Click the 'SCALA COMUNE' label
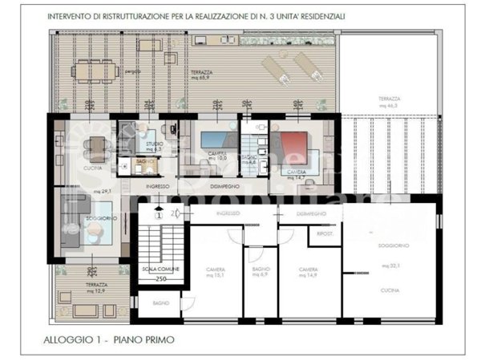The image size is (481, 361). pos(160,269)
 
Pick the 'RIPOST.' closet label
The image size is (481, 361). pos(325,234)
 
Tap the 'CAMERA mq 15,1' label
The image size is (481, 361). pos(215,273)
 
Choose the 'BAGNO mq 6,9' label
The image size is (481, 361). pos(259,273)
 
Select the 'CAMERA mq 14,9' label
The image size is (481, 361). pos(309,273)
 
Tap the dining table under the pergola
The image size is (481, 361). pos(95,71)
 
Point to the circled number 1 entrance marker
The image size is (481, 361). pos(159,214)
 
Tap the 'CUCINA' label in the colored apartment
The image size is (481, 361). pos(94,168)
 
